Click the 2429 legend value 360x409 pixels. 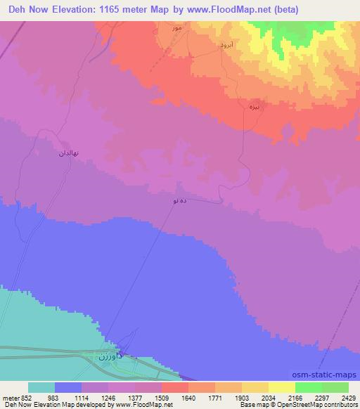pyautogui.click(x=340, y=397)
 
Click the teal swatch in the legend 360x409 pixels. pyautogui.click(x=41, y=387)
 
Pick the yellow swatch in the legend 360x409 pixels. pyautogui.click(x=281, y=387)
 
